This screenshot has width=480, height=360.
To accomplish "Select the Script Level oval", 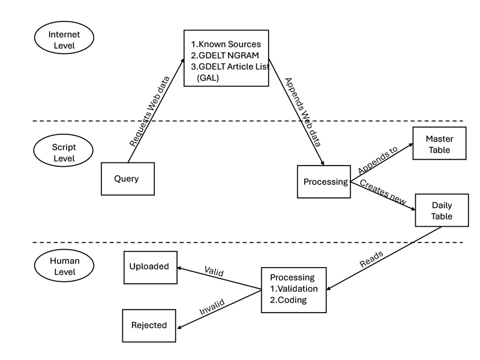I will pos(64,152).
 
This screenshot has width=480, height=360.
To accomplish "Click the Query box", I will pos(127,179).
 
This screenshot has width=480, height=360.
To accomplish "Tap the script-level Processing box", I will pos(324,182).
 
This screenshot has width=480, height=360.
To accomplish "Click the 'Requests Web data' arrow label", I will pos(150,112).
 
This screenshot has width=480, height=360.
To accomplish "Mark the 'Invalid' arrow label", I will pos(212,307).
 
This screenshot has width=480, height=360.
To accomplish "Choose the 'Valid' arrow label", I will pos(214,272).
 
